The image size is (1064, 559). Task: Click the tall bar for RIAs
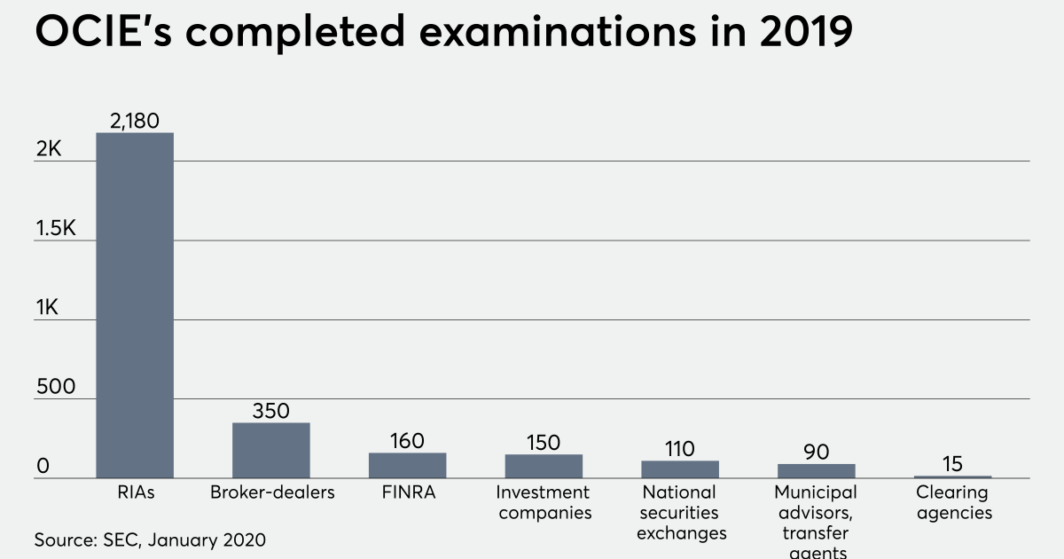coord(135,305)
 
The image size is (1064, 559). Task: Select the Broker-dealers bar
coord(271,450)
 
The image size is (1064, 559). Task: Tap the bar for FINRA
coord(408,465)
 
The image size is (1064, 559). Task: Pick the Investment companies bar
coord(544,466)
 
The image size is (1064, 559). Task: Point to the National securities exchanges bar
coord(680,468)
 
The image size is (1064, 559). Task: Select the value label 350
coord(271,411)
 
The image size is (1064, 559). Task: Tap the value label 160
coord(408,441)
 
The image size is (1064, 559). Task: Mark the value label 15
coord(953,464)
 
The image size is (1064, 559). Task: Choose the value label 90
coord(817,452)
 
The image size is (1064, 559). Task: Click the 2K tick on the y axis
coord(49,150)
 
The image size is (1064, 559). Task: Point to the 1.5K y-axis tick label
coord(56,229)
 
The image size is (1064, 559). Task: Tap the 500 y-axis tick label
coord(55,388)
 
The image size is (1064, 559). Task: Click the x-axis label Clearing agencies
coord(953,502)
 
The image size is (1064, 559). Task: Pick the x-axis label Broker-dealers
coord(271,492)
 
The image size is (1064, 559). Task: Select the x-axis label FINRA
coord(408,492)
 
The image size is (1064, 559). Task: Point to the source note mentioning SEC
coord(150,539)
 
